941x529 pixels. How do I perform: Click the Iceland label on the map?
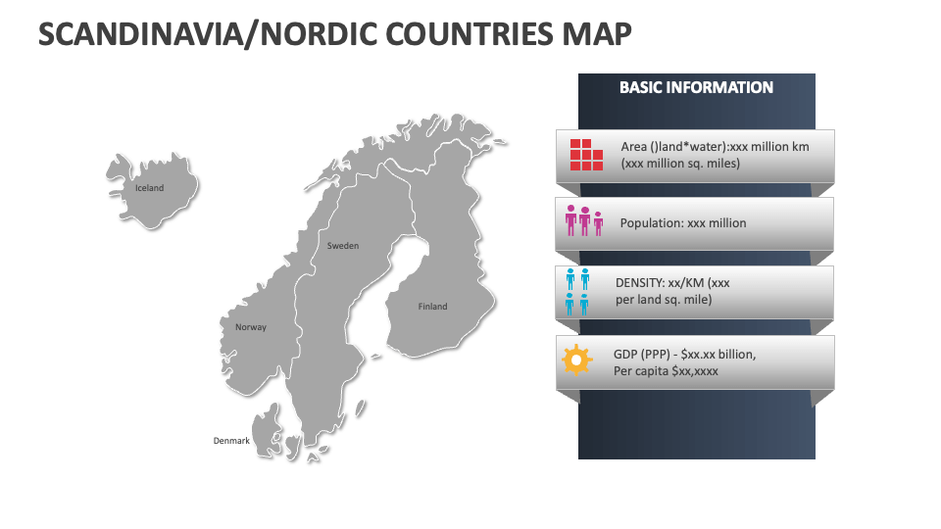150,188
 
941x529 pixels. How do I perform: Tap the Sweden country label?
343,246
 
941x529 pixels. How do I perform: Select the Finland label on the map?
432,307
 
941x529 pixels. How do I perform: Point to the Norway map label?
251,327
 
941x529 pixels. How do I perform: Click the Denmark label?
231,441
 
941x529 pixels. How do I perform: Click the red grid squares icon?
586,155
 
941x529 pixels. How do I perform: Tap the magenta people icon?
584,222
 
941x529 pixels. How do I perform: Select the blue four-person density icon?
577,291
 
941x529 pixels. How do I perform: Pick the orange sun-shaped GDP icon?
576,361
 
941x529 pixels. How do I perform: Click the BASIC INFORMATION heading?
696,88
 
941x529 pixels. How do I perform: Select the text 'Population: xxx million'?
682,223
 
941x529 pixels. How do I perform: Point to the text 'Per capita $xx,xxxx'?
666,371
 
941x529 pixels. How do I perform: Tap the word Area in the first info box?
634,146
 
